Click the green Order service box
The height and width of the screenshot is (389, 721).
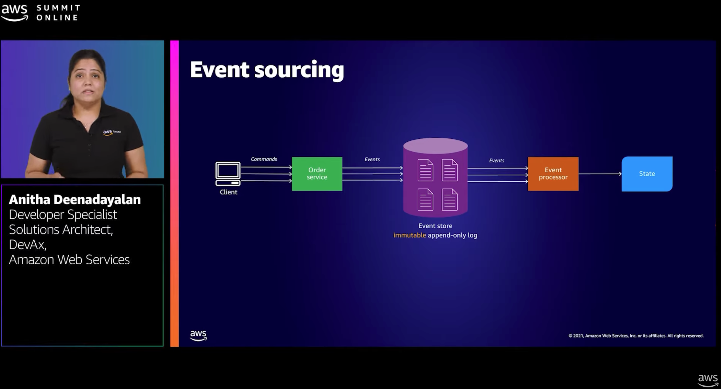point(317,174)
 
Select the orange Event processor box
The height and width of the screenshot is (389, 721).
point(553,174)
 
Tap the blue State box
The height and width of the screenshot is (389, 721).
point(647,174)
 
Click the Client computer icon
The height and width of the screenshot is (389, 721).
point(228,173)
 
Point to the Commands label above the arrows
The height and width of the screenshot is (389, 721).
point(264,159)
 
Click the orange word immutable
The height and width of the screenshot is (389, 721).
point(409,235)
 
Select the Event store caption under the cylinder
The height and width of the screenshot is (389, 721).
point(435,226)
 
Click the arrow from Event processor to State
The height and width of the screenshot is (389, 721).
point(600,174)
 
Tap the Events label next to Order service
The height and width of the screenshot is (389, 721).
point(372,159)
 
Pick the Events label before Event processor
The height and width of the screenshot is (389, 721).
point(497,161)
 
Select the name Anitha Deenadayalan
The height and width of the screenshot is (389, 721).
point(75,200)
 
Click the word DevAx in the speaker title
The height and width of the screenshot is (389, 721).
point(27,245)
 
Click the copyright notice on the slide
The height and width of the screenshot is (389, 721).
point(636,336)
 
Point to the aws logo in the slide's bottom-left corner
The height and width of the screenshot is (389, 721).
point(198,335)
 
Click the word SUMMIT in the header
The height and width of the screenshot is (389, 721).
point(58,8)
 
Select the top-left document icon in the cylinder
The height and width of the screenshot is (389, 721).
point(425,170)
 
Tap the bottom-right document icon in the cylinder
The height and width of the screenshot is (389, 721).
point(450,199)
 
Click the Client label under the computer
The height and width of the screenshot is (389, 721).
point(228,192)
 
